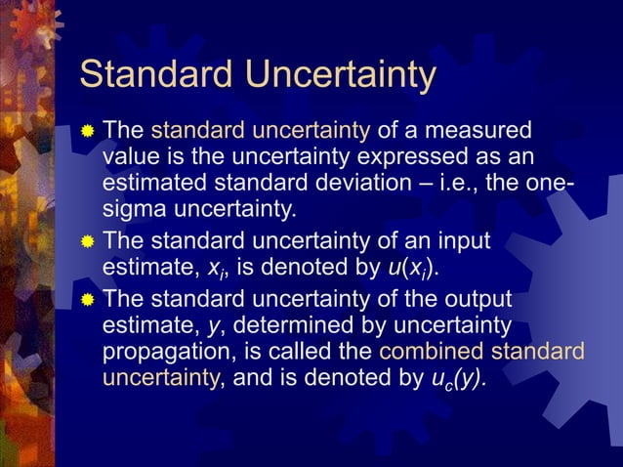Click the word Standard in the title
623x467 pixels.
[152, 75]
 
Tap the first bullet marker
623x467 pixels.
[89, 131]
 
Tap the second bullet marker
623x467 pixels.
[89, 240]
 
